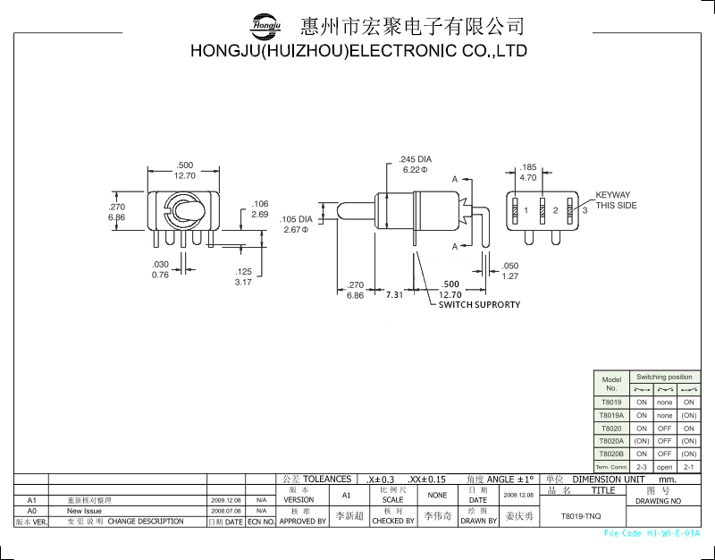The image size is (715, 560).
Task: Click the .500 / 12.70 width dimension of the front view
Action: coord(185,171)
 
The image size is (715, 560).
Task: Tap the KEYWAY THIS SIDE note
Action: coord(614,200)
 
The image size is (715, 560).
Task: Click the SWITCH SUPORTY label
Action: coord(478,304)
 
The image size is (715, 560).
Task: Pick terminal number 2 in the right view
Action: coord(555,210)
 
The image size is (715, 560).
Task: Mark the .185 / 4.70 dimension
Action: coord(527,173)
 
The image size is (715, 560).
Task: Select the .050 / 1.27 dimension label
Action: coord(509,271)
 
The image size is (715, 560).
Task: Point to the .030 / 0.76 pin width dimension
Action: coord(160,270)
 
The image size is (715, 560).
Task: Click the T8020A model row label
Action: coord(611,441)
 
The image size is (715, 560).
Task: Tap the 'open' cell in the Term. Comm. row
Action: coord(664,467)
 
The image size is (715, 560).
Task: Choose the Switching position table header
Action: coord(664,378)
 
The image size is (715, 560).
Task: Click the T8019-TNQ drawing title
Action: coord(580,516)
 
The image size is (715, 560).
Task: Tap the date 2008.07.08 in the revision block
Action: coord(226,511)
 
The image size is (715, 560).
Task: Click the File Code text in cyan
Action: coord(652,533)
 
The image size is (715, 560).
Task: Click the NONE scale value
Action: coord(437,495)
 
